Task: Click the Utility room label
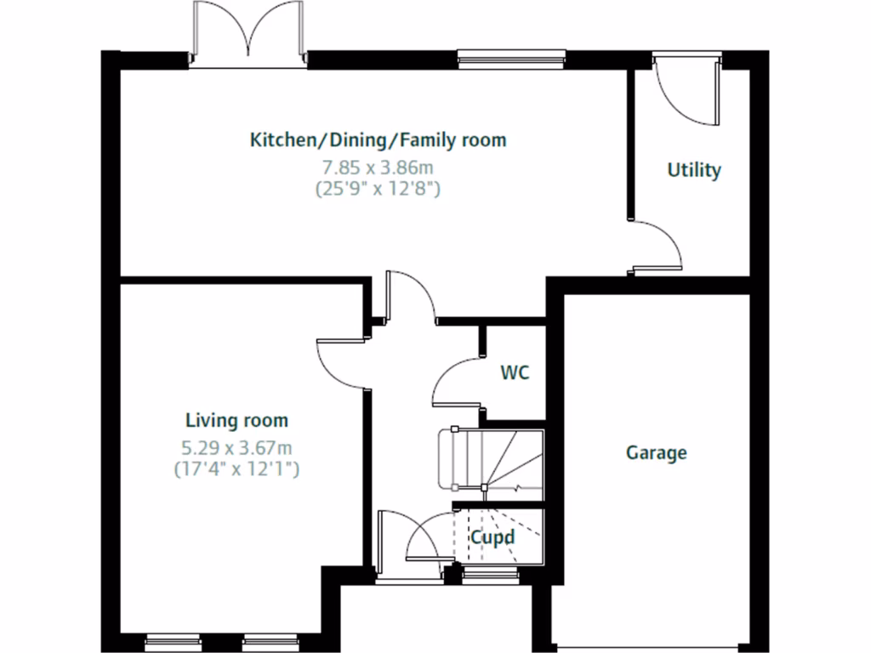pos(694,170)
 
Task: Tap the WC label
pos(515,372)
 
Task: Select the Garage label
pos(656,452)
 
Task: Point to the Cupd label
pos(493,537)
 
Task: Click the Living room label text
pos(236,420)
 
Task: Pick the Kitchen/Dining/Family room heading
pos(378,139)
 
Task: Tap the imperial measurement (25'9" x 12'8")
pos(377,189)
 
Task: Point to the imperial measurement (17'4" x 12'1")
pos(236,468)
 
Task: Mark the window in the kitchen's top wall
pos(511,58)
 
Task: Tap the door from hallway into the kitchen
pos(408,298)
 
